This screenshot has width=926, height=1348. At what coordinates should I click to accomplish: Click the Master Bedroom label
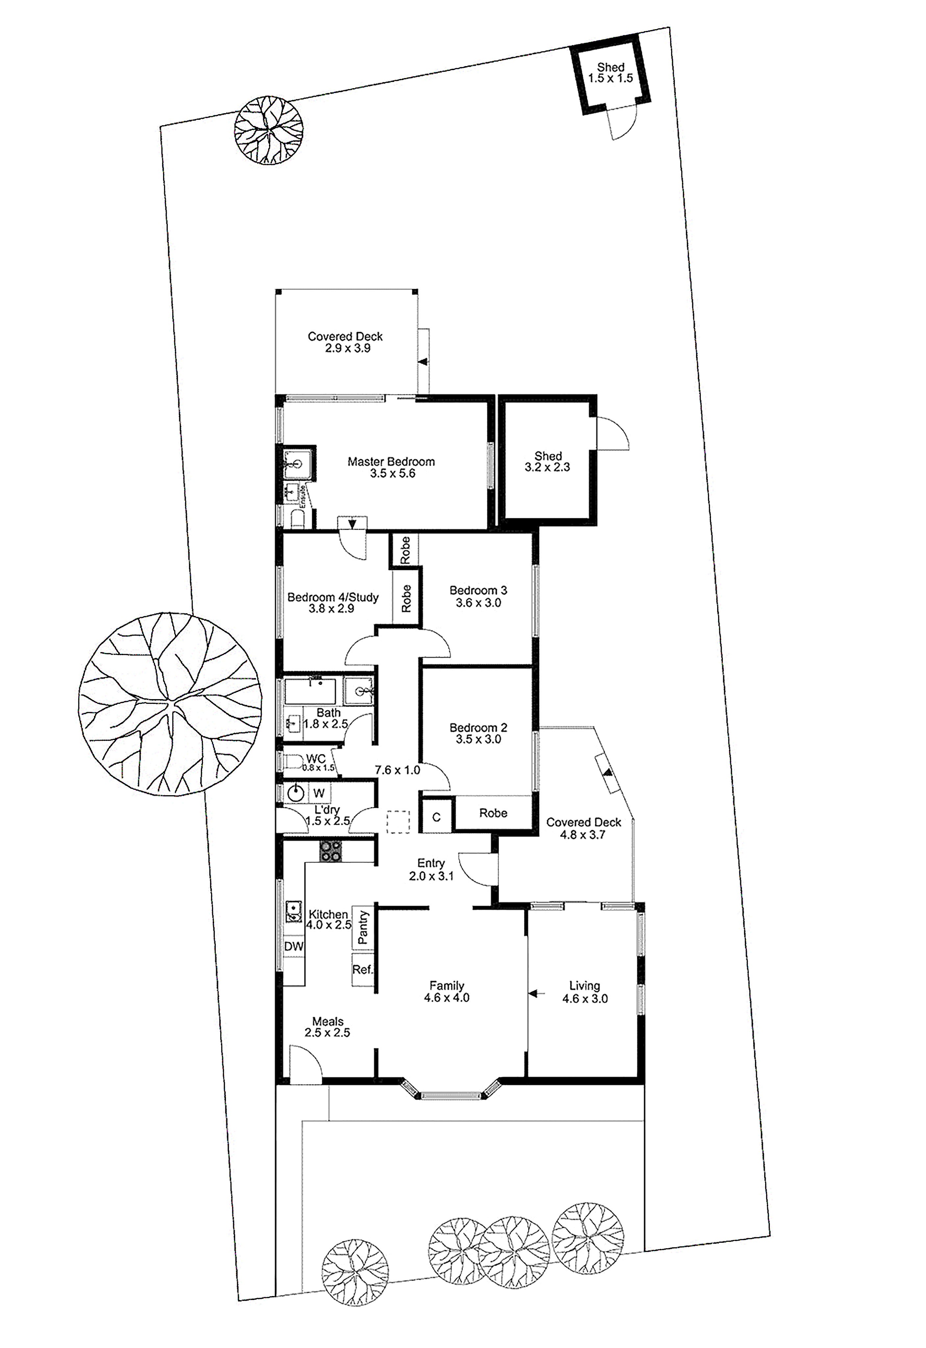coord(391,462)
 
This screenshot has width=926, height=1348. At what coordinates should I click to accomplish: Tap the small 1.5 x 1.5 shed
coord(610,73)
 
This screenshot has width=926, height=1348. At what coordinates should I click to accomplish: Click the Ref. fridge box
coord(363,970)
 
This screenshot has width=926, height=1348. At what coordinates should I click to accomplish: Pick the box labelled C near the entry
coord(436,817)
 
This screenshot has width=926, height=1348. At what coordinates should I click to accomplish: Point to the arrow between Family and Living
coord(537,994)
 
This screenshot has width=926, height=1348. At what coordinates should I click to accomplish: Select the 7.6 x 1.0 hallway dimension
coord(398,770)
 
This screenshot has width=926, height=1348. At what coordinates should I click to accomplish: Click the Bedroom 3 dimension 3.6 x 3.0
coord(478,602)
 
